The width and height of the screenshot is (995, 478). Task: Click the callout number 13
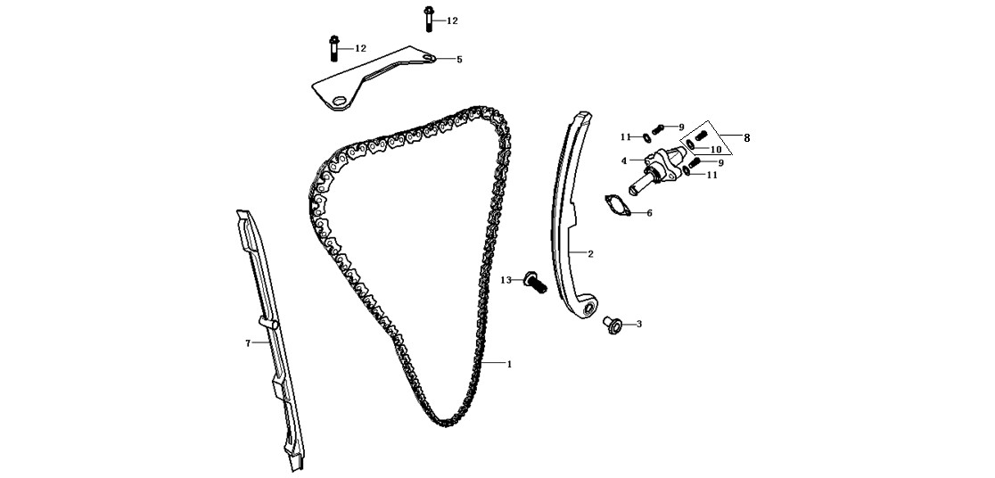pos(506,280)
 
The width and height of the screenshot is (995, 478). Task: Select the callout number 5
pos(459,60)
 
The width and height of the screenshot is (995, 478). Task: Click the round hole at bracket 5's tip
pos(430,59)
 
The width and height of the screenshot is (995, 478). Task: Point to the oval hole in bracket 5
pos(340,101)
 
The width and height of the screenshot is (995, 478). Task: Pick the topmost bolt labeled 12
pos(429,19)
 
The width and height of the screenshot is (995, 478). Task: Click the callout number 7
pos(248,343)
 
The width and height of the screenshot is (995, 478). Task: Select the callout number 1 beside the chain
pos(509,365)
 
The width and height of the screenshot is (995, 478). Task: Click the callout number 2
pos(590,254)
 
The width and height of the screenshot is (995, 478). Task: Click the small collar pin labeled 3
pos(612,325)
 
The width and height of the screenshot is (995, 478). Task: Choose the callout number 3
pos(639,325)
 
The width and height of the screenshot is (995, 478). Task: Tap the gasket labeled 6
pos(618,205)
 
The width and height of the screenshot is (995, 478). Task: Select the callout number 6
pos(649,213)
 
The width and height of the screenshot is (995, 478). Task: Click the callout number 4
pos(624,161)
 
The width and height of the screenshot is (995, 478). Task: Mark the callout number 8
pos(746,137)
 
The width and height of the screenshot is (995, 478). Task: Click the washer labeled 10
pos(690,144)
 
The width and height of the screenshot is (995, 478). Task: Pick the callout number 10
pos(716,150)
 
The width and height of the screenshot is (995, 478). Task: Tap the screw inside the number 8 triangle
pos(701,136)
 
